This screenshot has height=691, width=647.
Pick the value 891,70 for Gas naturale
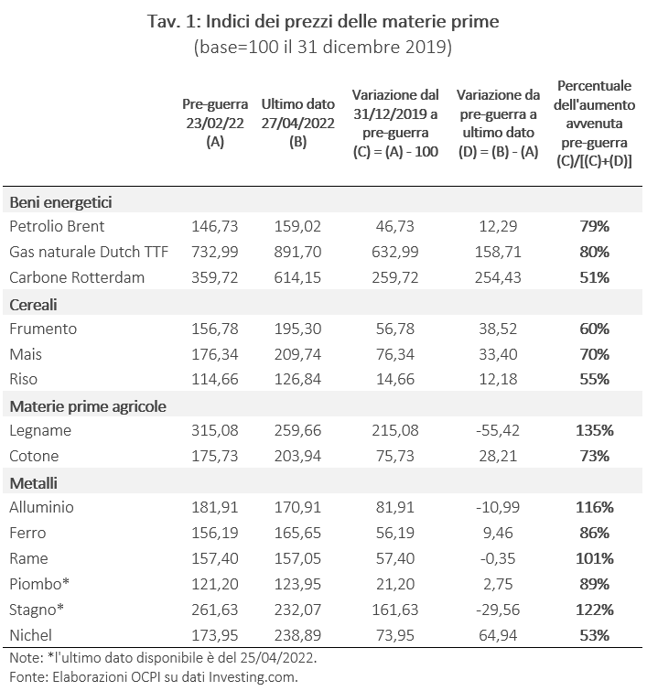pos(297,251)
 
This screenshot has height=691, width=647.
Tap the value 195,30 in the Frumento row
pos(297,328)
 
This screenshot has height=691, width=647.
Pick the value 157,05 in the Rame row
pos(297,557)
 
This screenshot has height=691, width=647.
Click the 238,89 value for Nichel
pos(297,634)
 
